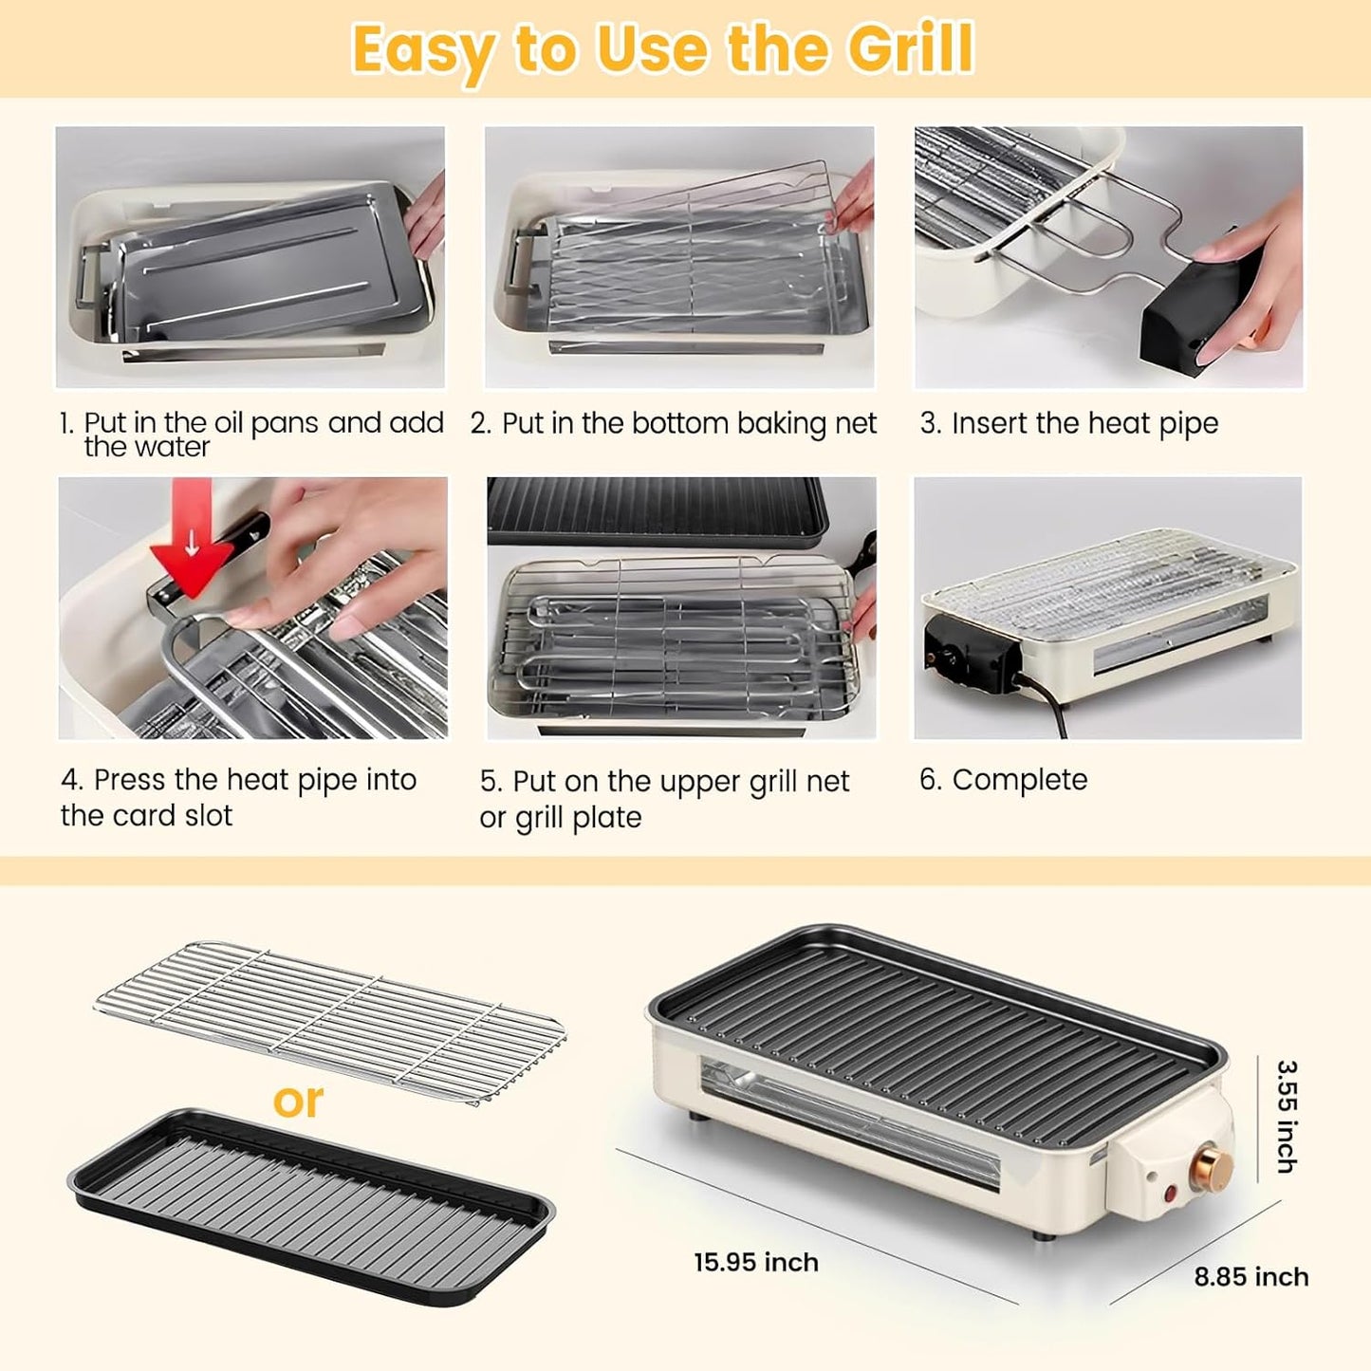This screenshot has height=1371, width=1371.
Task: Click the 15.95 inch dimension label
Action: click(x=755, y=1262)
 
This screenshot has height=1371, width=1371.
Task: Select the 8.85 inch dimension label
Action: click(x=1251, y=1277)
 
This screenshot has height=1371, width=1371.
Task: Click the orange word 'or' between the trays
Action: click(x=298, y=1101)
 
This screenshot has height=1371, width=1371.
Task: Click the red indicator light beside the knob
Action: click(x=1169, y=1193)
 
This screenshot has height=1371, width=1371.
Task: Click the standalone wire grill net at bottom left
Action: click(x=332, y=1020)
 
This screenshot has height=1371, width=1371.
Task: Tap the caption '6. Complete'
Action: click(x=1003, y=780)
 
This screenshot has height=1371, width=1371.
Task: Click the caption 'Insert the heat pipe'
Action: click(x=1084, y=423)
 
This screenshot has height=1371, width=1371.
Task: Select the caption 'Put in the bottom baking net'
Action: click(x=688, y=423)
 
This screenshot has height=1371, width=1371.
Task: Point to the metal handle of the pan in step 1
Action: click(x=93, y=275)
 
